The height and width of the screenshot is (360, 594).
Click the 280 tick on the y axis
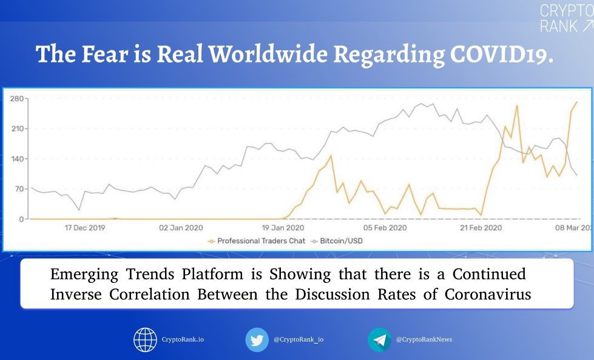[17, 99]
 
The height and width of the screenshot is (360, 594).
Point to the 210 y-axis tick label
[17, 129]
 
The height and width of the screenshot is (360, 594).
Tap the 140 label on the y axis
[17, 159]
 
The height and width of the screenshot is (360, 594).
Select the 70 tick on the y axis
[19, 189]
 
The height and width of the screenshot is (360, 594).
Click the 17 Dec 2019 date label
[85, 228]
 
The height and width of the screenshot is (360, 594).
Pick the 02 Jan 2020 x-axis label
[181, 228]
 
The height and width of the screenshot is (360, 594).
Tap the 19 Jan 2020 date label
[283, 228]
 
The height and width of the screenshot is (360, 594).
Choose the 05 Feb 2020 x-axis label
[385, 228]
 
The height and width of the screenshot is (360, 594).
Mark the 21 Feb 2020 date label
[481, 228]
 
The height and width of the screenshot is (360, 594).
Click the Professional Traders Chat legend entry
[257, 241]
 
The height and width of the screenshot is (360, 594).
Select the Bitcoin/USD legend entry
[337, 241]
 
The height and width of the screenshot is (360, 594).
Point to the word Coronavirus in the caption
[488, 294]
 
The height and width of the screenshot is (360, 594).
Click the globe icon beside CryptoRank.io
[145, 339]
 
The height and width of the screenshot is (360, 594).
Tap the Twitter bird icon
[257, 339]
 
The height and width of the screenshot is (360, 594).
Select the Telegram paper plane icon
[380, 339]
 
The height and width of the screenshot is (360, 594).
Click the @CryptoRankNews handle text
[424, 339]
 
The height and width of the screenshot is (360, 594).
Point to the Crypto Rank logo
[566, 18]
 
